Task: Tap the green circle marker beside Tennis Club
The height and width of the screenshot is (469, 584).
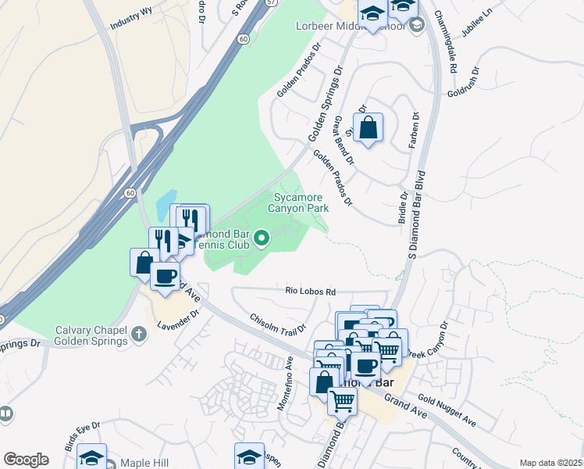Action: click(262, 236)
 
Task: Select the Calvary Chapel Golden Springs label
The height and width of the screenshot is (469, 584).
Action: click(91, 335)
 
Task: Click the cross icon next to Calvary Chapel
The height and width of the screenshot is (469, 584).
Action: click(138, 335)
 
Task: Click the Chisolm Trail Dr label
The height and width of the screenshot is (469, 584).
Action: click(277, 325)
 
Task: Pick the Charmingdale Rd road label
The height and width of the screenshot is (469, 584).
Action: click(446, 34)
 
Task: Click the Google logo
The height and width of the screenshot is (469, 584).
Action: click(26, 460)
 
